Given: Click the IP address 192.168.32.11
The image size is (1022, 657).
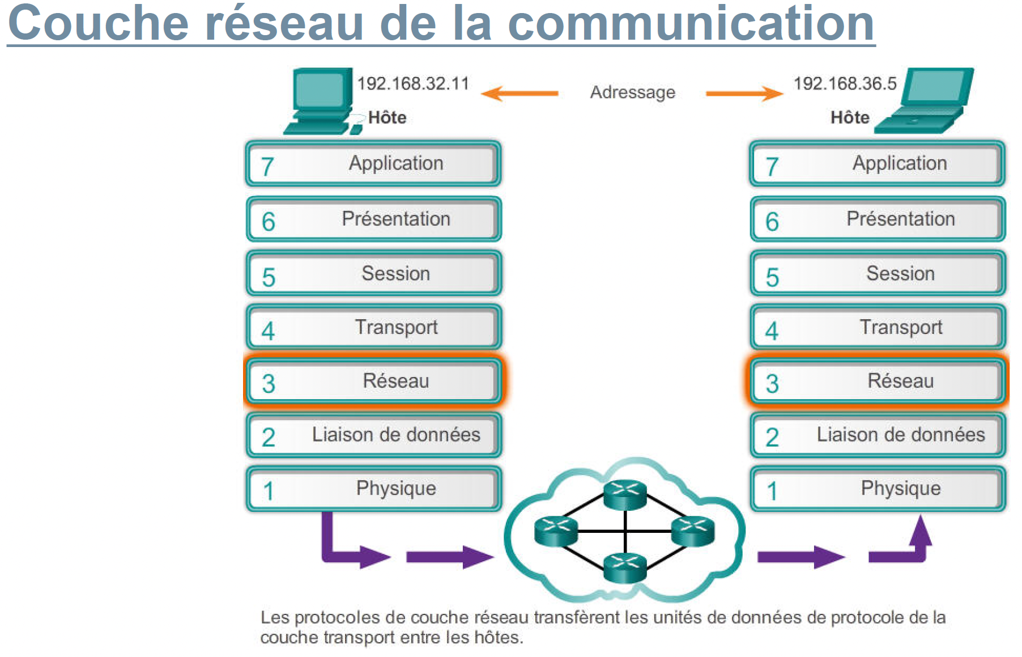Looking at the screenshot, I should tap(413, 84).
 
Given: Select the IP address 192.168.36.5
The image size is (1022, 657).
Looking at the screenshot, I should tap(845, 84).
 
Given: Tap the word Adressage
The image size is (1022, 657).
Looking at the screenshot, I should tap(632, 92).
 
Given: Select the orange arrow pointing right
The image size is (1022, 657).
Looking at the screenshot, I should tap(744, 93).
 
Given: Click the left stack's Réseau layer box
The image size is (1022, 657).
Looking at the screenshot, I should tap(373, 381).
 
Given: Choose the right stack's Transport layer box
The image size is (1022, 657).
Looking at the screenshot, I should tap(877, 327).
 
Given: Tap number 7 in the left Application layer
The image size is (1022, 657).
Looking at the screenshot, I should tap(267, 167).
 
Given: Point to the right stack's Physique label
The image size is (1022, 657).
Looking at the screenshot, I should tap(900, 489).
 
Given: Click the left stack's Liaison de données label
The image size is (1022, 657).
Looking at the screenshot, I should tap(396, 435).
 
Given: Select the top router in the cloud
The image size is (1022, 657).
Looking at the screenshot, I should tap(625, 494).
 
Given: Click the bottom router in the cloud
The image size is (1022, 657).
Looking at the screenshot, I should tap(625, 567).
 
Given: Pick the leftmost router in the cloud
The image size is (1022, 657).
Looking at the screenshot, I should tap(556, 531).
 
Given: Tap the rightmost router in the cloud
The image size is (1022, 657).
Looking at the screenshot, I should tap(692, 531).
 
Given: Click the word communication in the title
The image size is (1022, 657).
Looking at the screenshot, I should tap(691, 24).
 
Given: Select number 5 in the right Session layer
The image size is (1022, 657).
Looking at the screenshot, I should tap(772, 278).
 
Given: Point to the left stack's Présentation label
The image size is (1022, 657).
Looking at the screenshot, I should tap(396, 219).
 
